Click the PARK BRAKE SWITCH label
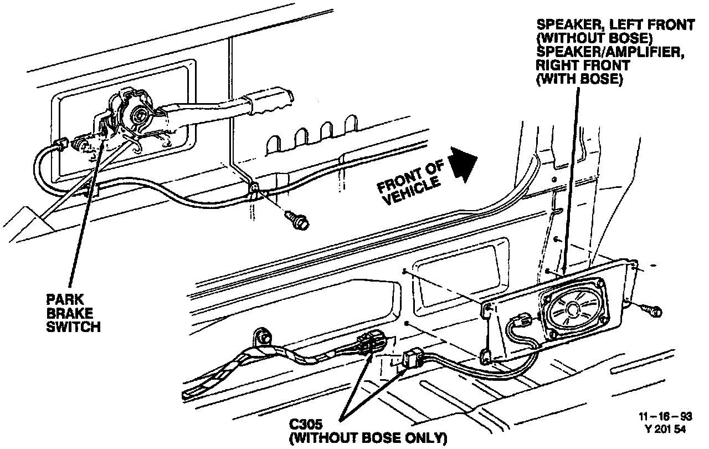point(73,312)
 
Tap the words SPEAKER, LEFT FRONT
point(615,25)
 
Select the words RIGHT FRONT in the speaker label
point(583,65)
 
